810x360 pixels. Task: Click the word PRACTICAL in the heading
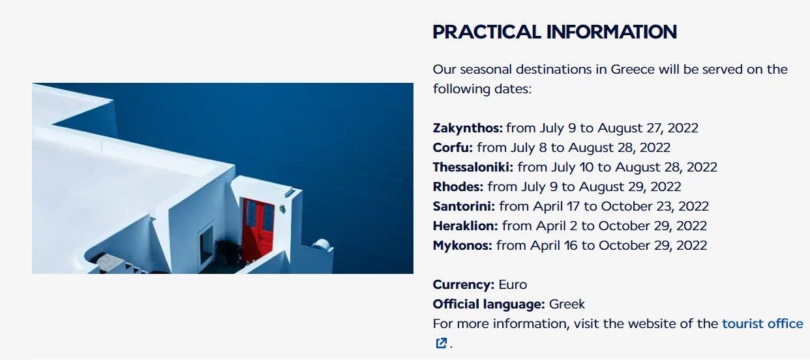tap(487, 32)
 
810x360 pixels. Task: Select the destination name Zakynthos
tap(468, 128)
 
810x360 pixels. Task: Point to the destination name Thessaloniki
tap(473, 167)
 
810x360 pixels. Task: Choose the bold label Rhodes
tap(458, 187)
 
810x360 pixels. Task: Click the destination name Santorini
tap(464, 206)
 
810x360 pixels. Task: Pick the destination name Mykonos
tap(462, 246)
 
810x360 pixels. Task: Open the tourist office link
tap(762, 323)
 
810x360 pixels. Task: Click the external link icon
tap(441, 343)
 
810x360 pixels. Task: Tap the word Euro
tap(513, 285)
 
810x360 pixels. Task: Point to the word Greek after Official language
tap(567, 305)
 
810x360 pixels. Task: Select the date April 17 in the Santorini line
tap(556, 206)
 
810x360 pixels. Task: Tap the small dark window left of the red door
tap(207, 244)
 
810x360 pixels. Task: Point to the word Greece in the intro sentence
tap(633, 69)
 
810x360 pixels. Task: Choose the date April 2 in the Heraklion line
tap(556, 226)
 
